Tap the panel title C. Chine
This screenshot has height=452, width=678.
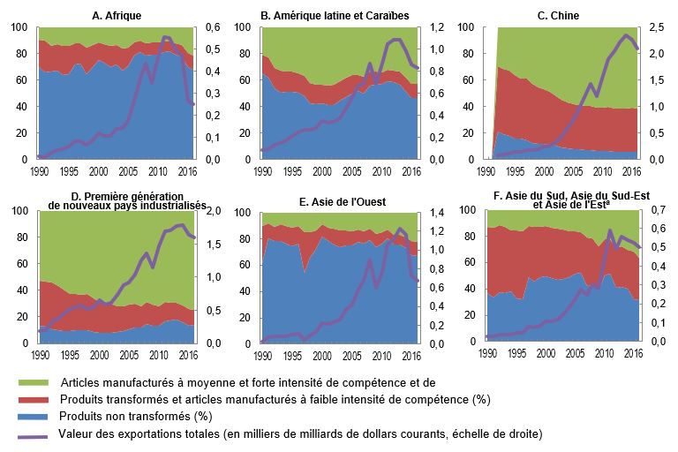pyautogui.click(x=560, y=15)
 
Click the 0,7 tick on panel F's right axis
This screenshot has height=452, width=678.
pyautogui.click(x=656, y=211)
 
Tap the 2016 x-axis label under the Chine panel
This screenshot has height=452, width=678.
pyautogui.click(x=629, y=171)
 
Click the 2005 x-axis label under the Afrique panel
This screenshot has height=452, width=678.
pyautogui.click(x=127, y=171)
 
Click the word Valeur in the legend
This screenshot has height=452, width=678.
pyautogui.click(x=75, y=433)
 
